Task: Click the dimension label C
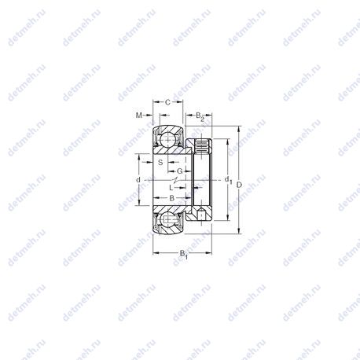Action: coord(168,102)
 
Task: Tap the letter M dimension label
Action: coord(139,115)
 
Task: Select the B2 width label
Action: coord(200,116)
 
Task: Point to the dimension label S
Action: coord(160,162)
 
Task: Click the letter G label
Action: coord(180,171)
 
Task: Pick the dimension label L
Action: coord(171,188)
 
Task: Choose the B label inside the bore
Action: coord(172,198)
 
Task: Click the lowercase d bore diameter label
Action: coord(138,180)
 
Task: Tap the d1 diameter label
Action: coord(229,180)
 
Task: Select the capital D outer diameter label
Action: coord(239,185)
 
